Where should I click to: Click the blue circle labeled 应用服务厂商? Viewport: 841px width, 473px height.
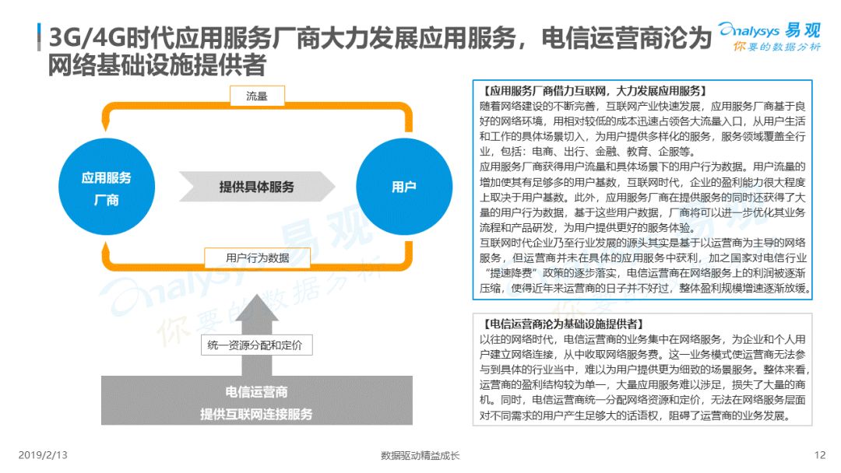pos(107,187)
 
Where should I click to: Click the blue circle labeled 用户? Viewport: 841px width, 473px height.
pos(404,187)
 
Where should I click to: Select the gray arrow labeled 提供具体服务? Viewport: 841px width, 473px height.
pos(257,187)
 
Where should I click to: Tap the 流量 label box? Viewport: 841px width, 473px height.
pos(257,96)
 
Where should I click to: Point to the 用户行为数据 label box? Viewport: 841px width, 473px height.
pos(258,258)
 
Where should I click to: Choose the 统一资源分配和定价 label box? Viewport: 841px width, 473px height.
pos(256,345)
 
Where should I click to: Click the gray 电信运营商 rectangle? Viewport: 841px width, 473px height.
pos(257,401)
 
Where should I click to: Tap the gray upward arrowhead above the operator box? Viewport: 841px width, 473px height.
pos(257,309)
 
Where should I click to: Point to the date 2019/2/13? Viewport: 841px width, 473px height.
pos(43,455)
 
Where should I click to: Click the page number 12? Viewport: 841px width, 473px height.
pos(819,455)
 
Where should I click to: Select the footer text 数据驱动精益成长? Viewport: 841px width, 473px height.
pos(420,456)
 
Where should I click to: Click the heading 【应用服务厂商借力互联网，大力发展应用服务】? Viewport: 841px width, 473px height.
pos(594,91)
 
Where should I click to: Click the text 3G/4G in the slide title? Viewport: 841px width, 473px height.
pos(88,38)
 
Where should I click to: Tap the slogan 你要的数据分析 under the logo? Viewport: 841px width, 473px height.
pos(777,47)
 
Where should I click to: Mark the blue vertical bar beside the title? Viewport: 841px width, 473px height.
pos(39,37)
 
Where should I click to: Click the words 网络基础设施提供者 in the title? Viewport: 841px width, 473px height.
pos(157,65)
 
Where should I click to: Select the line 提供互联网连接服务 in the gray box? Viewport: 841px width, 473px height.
pos(256,414)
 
